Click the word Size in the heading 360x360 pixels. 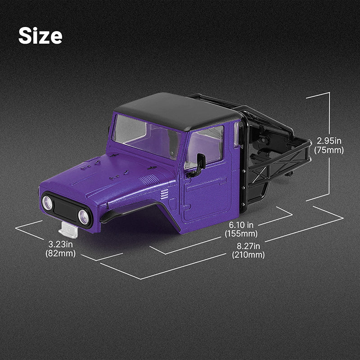[x=40, y=36]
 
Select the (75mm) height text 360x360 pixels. [x=329, y=150]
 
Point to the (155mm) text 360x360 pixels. [x=241, y=234]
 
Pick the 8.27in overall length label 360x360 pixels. [x=248, y=246]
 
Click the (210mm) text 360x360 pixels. [x=248, y=255]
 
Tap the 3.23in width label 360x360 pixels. [x=60, y=244]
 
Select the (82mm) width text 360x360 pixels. [x=60, y=253]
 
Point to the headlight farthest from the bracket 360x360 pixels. [x=47, y=203]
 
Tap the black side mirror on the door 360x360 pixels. [x=199, y=163]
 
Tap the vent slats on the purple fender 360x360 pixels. [x=164, y=194]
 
